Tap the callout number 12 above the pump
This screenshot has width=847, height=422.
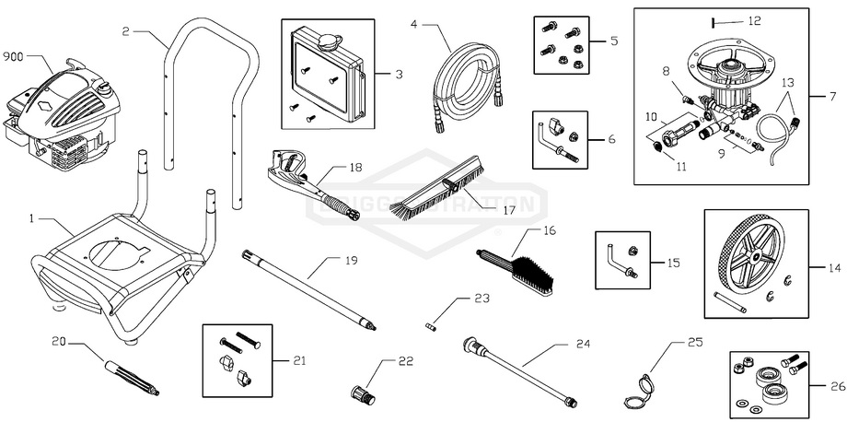[x=755, y=19]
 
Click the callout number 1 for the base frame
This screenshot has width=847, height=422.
[x=32, y=219]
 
